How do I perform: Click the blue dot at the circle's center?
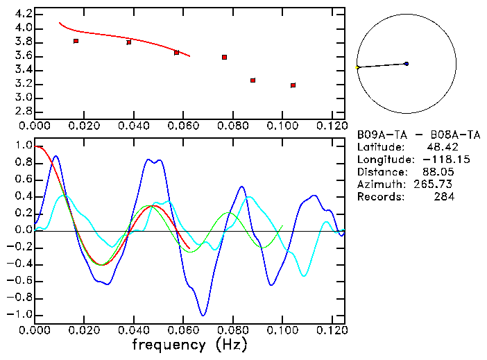[406, 64]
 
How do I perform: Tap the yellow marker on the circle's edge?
[357, 67]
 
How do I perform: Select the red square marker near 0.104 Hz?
[293, 85]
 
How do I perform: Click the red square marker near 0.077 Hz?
[225, 57]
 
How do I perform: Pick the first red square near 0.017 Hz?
[76, 41]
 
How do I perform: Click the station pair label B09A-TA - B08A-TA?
[418, 135]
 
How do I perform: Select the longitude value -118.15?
[436, 160]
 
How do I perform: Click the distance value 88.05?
[438, 172]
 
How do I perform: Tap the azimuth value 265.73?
[436, 185]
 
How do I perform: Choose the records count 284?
[444, 197]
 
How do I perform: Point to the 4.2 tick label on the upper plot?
[24, 14]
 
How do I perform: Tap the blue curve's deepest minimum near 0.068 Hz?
[203, 316]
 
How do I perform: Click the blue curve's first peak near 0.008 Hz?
[55, 156]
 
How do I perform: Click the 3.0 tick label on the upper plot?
[24, 98]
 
